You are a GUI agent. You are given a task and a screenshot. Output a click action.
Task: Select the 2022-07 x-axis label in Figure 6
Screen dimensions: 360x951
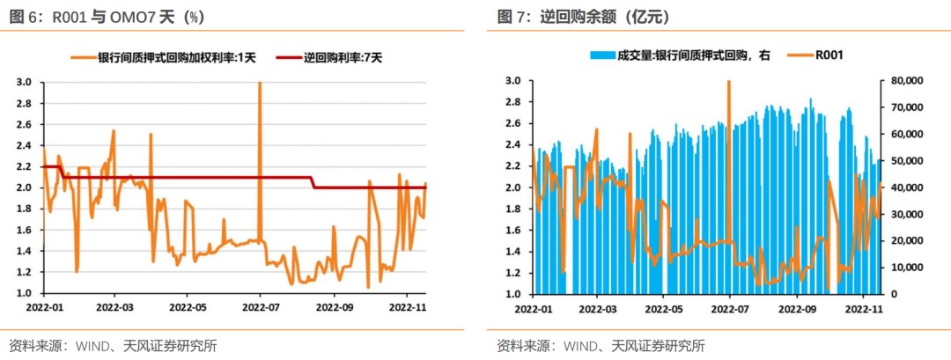261,308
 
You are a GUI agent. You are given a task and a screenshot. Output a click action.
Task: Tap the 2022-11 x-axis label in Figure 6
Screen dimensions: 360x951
408,308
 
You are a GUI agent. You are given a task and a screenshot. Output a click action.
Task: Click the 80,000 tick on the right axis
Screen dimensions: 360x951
904,81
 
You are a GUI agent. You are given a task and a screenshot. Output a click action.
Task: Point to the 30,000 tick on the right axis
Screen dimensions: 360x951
904,214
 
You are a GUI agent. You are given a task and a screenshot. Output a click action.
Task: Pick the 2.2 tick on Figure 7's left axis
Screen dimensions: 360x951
512,166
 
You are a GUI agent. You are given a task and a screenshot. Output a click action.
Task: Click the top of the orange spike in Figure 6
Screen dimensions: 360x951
260,84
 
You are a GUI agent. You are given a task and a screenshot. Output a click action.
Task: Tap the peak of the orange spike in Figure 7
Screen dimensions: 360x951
729,82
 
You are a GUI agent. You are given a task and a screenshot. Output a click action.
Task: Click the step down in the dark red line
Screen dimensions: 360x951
314,182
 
